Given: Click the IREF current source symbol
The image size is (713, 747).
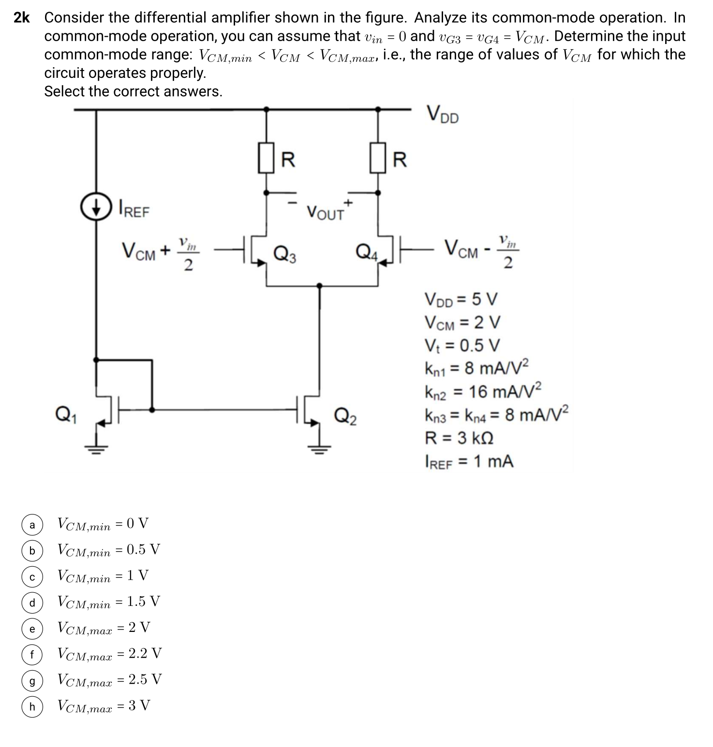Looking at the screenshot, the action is point(96,207).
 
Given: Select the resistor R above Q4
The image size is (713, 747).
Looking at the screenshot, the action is point(378,158).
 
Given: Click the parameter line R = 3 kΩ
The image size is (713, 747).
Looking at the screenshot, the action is point(459,438).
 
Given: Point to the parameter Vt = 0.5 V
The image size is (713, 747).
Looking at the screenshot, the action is point(462,345).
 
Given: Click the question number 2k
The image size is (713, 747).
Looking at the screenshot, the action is point(21,18).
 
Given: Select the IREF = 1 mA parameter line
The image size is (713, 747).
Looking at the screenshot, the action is point(469,462).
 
